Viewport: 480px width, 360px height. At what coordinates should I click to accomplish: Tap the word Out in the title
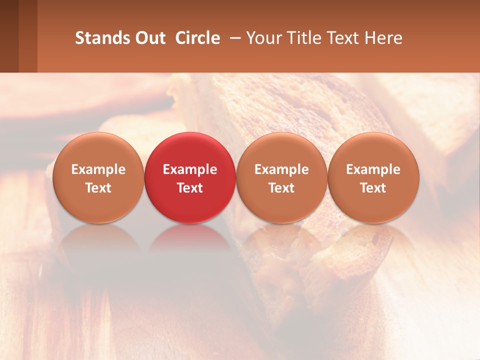click(x=148, y=38)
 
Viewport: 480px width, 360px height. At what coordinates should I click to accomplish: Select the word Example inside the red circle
click(x=190, y=169)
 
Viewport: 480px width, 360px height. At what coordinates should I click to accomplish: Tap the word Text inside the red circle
click(x=190, y=188)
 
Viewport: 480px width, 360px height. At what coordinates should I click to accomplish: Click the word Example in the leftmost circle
click(x=98, y=169)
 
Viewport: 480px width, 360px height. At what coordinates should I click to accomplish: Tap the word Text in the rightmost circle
click(x=373, y=188)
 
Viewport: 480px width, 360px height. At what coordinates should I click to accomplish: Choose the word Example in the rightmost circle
click(x=373, y=169)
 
